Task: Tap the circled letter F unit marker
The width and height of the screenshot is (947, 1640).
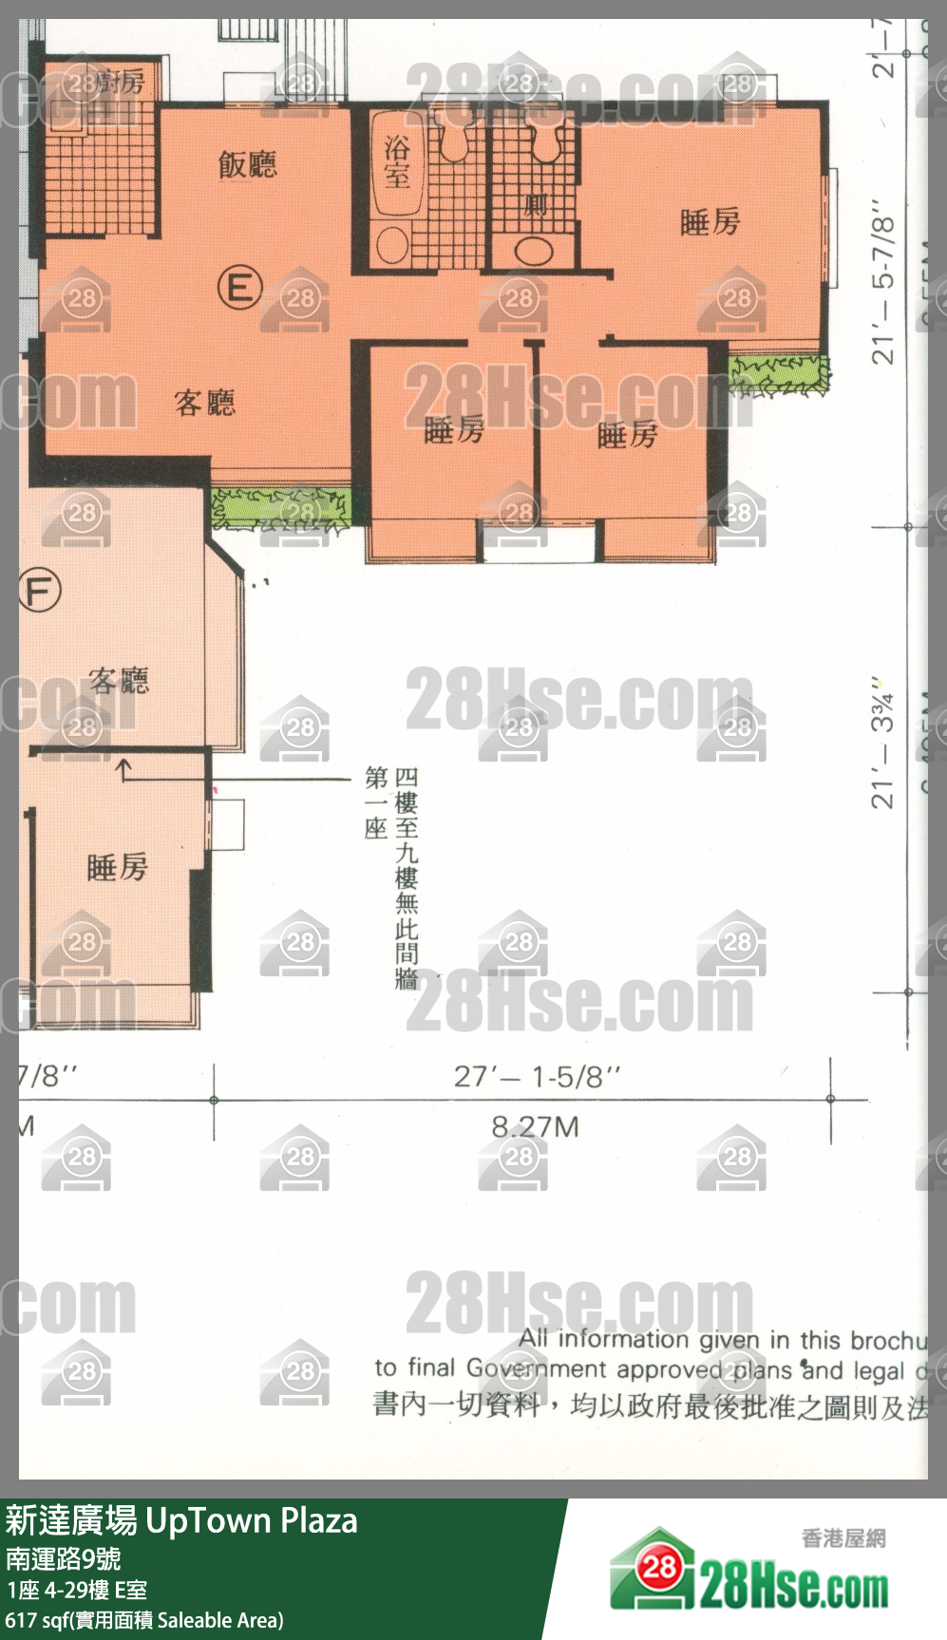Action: (39, 590)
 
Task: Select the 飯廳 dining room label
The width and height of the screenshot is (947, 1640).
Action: (247, 165)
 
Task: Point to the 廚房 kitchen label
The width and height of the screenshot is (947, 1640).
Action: (121, 83)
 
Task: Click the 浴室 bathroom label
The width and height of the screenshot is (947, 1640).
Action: (397, 161)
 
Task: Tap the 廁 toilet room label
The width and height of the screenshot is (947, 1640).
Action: (535, 205)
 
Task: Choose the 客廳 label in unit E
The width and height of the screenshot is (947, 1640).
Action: (204, 404)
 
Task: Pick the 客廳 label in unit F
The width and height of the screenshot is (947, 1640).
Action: (119, 680)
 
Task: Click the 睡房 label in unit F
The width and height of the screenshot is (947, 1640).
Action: (117, 867)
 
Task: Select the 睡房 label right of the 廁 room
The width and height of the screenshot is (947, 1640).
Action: (710, 222)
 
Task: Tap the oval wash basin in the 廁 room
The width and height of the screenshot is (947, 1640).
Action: (534, 251)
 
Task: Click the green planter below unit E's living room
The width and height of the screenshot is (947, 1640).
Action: (280, 508)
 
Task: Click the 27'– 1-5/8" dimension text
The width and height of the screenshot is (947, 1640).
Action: (537, 1077)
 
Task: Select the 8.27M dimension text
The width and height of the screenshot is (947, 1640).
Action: (535, 1127)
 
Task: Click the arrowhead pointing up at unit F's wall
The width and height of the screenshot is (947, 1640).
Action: (123, 763)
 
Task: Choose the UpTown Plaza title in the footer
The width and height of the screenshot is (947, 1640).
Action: (251, 1521)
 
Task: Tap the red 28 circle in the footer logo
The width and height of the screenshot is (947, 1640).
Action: (658, 1568)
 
